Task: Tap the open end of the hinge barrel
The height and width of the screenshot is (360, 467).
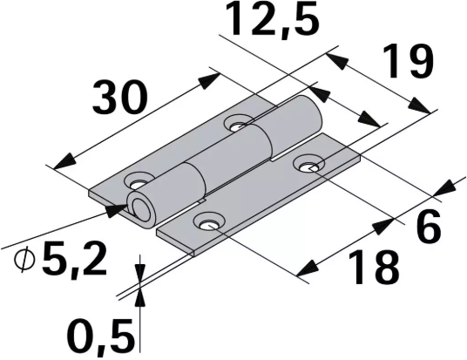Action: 139,207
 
